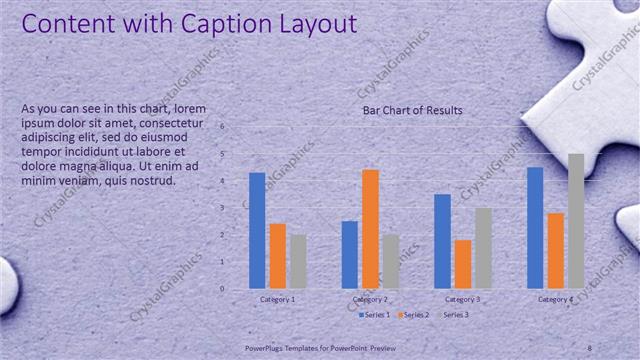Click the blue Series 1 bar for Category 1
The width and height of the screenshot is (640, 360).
(x=257, y=230)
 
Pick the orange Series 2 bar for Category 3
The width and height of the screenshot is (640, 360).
(x=463, y=263)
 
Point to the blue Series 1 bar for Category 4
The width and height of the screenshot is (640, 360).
(x=535, y=227)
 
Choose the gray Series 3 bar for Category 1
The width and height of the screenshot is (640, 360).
(x=298, y=261)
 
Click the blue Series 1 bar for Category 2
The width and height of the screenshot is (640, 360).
(x=350, y=254)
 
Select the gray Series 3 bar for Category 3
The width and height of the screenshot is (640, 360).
(x=483, y=248)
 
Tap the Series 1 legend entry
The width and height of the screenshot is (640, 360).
(x=374, y=315)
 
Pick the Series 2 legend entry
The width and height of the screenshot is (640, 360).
(x=414, y=315)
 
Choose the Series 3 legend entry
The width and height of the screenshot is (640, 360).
(x=453, y=315)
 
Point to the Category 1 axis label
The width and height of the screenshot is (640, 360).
(x=277, y=299)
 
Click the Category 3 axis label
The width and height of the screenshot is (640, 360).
(x=463, y=299)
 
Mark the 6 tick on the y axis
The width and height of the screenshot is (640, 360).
(x=236, y=127)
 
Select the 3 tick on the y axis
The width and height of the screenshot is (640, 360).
(x=236, y=208)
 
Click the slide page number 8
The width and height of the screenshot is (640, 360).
(x=590, y=346)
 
